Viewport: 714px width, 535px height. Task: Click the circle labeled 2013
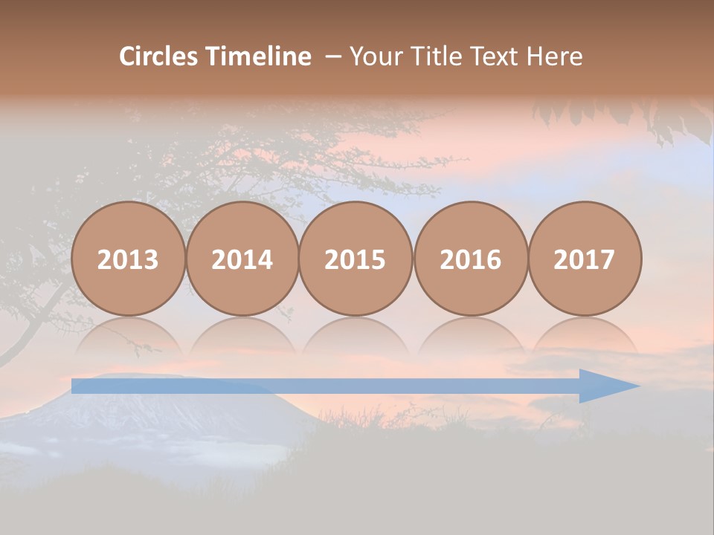coord(128,259)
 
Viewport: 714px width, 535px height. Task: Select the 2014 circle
coord(242,259)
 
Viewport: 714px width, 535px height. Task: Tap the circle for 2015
coord(356,259)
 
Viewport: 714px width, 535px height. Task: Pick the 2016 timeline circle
coord(470,259)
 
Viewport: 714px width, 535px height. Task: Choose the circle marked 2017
coord(585,259)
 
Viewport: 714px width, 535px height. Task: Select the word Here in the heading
coord(555,56)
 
